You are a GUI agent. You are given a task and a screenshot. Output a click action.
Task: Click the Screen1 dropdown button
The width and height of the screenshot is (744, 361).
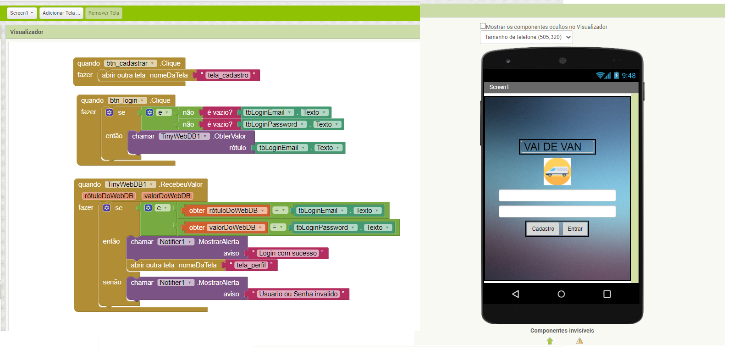tap(22, 13)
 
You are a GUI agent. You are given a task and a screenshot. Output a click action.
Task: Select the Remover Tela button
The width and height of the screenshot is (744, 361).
tap(104, 13)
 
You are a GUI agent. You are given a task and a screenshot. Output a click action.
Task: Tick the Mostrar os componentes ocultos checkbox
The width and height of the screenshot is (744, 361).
tap(483, 26)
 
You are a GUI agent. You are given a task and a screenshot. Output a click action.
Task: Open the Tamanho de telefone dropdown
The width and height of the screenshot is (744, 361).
tap(526, 37)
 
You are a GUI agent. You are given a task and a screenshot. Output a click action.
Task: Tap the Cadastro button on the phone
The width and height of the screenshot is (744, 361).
tap(543, 228)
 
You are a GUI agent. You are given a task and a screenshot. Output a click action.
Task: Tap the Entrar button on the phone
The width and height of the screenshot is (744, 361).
tap(575, 228)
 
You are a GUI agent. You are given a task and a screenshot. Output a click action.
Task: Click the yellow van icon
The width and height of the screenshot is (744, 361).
tap(557, 172)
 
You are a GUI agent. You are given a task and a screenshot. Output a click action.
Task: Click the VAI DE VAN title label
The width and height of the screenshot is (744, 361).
tap(557, 147)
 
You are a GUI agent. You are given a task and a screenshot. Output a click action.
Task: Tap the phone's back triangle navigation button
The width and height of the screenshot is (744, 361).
tap(516, 294)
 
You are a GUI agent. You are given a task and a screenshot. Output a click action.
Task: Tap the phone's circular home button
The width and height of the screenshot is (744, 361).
tap(561, 294)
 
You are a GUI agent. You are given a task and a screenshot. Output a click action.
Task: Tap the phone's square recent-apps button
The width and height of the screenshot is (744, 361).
tap(607, 294)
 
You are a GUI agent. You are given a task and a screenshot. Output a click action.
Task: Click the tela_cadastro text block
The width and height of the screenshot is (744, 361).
tap(228, 75)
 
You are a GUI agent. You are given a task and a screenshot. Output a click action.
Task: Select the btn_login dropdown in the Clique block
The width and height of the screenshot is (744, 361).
tap(127, 100)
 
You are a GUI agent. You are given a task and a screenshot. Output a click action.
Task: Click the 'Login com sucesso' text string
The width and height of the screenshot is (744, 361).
tap(288, 253)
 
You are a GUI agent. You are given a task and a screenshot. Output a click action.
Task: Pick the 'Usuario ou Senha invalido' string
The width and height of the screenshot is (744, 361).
tap(298, 294)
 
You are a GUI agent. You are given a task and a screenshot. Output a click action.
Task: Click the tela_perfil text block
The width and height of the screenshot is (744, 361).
tap(251, 265)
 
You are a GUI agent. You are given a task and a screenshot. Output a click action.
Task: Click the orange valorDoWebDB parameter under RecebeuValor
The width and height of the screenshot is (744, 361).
tap(167, 196)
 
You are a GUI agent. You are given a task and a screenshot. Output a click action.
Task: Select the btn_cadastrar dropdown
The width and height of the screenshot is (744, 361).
tap(131, 63)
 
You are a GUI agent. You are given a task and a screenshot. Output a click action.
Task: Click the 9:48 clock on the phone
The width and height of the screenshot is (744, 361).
tap(628, 76)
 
